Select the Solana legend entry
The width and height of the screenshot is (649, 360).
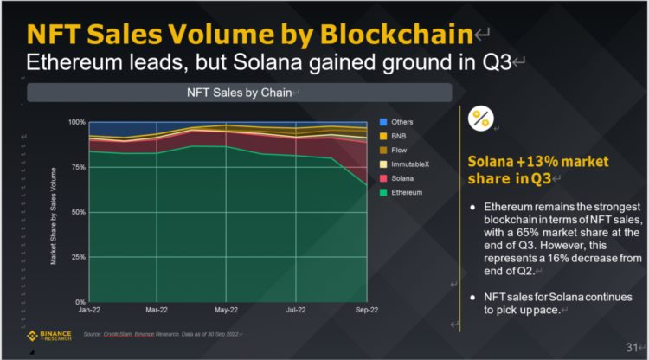coord(401,177)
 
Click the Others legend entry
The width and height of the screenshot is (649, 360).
coord(401,120)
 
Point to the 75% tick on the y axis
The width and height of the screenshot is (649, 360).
coord(77,167)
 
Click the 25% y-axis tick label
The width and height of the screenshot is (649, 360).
coord(77,257)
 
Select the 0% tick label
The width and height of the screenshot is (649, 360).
coord(80,301)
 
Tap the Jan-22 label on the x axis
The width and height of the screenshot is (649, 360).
coord(90,310)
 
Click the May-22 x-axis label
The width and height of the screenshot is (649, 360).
coord(226,310)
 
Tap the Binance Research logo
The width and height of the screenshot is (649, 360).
coord(48,335)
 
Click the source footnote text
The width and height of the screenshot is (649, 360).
coord(161,334)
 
